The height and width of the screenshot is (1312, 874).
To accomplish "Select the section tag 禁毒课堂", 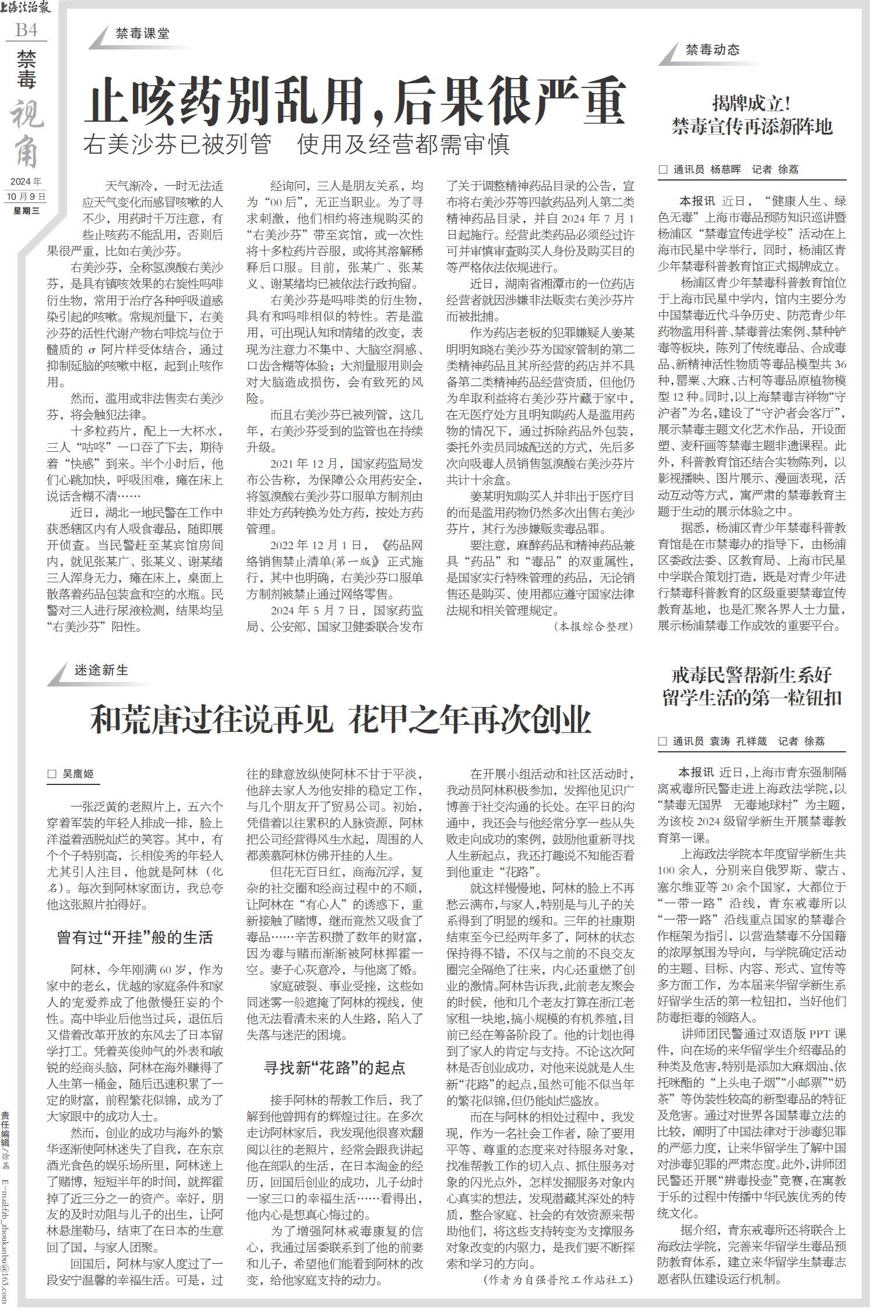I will [143, 34].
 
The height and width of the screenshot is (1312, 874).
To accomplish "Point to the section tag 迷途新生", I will [101, 670].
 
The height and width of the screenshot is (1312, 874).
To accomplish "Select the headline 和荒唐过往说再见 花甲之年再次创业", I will [340, 721].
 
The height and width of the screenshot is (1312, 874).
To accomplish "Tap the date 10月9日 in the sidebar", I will [26, 196].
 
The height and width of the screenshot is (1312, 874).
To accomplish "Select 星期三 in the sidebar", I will [26, 210].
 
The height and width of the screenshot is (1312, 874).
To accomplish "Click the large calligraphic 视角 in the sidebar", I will [26, 134].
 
